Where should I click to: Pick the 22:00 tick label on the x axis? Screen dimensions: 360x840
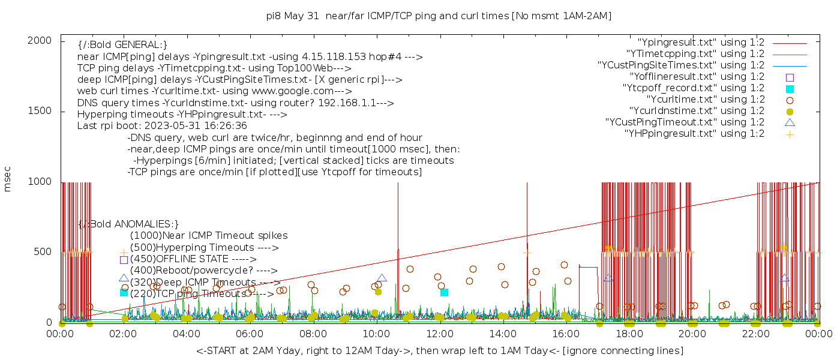pyautogui.click(x=755, y=334)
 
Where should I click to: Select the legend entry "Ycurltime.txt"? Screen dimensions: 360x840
pyautogui.click(x=706, y=100)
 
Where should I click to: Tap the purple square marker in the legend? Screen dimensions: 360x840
pyautogui.click(x=790, y=77)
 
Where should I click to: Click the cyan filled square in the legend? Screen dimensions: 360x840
pyautogui.click(x=790, y=89)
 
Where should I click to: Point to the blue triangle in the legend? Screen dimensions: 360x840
pyautogui.click(x=790, y=122)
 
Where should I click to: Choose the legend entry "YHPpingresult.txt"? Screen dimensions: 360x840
pyautogui.click(x=694, y=134)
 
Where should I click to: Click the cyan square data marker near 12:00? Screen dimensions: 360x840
pyautogui.click(x=444, y=292)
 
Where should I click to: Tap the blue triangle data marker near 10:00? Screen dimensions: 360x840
pyautogui.click(x=382, y=278)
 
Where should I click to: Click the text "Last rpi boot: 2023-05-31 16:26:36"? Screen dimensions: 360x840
pyautogui.click(x=162, y=126)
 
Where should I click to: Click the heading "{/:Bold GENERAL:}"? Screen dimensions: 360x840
pyautogui.click(x=122, y=45)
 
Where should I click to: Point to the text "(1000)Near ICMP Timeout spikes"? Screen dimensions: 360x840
pyautogui.click(x=209, y=236)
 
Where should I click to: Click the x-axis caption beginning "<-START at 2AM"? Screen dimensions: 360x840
pyautogui.click(x=439, y=350)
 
